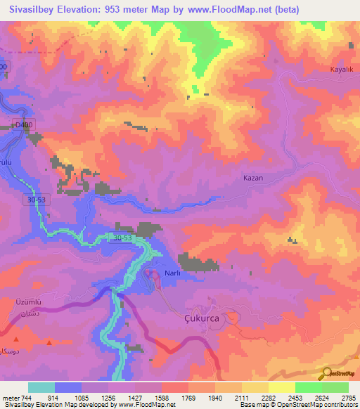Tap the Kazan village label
[x=252, y=178]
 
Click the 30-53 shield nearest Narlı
[x=122, y=238]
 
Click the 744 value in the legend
[x=24, y=397]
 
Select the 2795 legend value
[x=349, y=397]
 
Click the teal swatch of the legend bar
[x=41, y=387]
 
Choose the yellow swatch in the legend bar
[x=281, y=387]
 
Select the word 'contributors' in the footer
[x=340, y=405]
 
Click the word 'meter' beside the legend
[x=10, y=397]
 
